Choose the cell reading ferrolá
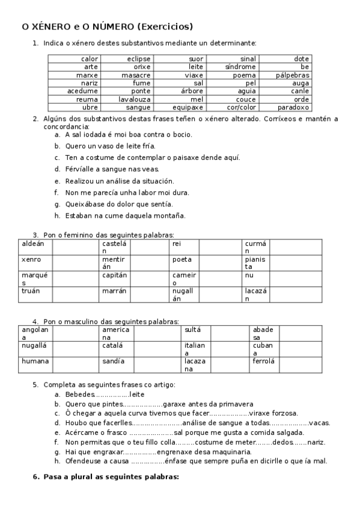coord(264,361)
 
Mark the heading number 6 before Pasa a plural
coord(35,477)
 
